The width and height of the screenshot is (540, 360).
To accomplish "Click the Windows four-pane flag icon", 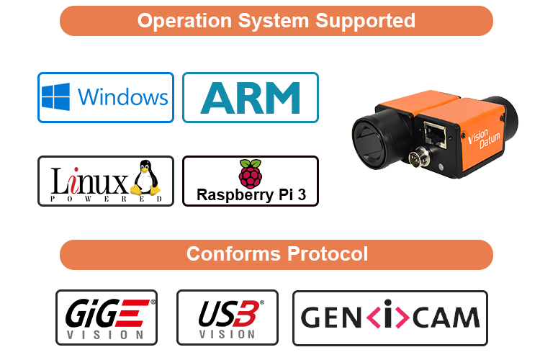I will point(55,96).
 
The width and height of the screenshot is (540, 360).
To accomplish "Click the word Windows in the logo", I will point(122,97).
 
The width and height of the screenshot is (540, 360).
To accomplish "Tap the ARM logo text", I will point(250,97).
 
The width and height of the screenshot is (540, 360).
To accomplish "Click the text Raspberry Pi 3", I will point(249,195).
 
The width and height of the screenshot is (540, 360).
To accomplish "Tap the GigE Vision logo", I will point(107,317).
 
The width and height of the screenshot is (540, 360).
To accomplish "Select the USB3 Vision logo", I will point(227,317).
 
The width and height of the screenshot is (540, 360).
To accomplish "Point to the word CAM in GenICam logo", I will point(447,317).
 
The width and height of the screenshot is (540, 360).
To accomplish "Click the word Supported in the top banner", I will point(365,20).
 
